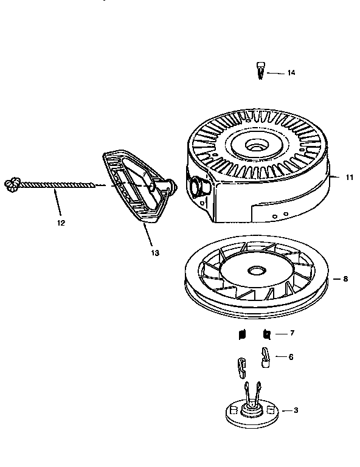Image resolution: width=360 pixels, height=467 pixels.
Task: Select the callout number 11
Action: pyautogui.click(x=350, y=178)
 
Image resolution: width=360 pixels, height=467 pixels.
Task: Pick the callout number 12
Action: pyautogui.click(x=60, y=223)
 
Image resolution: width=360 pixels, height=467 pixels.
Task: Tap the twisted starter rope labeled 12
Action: pyautogui.click(x=58, y=184)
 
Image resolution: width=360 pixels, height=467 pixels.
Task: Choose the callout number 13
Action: pyautogui.click(x=155, y=252)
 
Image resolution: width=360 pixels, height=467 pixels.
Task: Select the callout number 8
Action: pyautogui.click(x=345, y=279)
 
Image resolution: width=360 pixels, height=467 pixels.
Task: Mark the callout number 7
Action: pyautogui.click(x=292, y=334)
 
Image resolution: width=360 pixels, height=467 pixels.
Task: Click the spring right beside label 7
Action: pyautogui.click(x=266, y=334)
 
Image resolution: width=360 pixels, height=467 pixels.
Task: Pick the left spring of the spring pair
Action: pyautogui.click(x=241, y=334)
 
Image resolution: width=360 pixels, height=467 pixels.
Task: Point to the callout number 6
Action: pyautogui.click(x=290, y=357)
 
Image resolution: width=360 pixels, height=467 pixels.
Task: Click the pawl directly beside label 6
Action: pyautogui.click(x=266, y=357)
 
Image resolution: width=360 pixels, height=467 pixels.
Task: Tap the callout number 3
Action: pyautogui.click(x=296, y=410)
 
